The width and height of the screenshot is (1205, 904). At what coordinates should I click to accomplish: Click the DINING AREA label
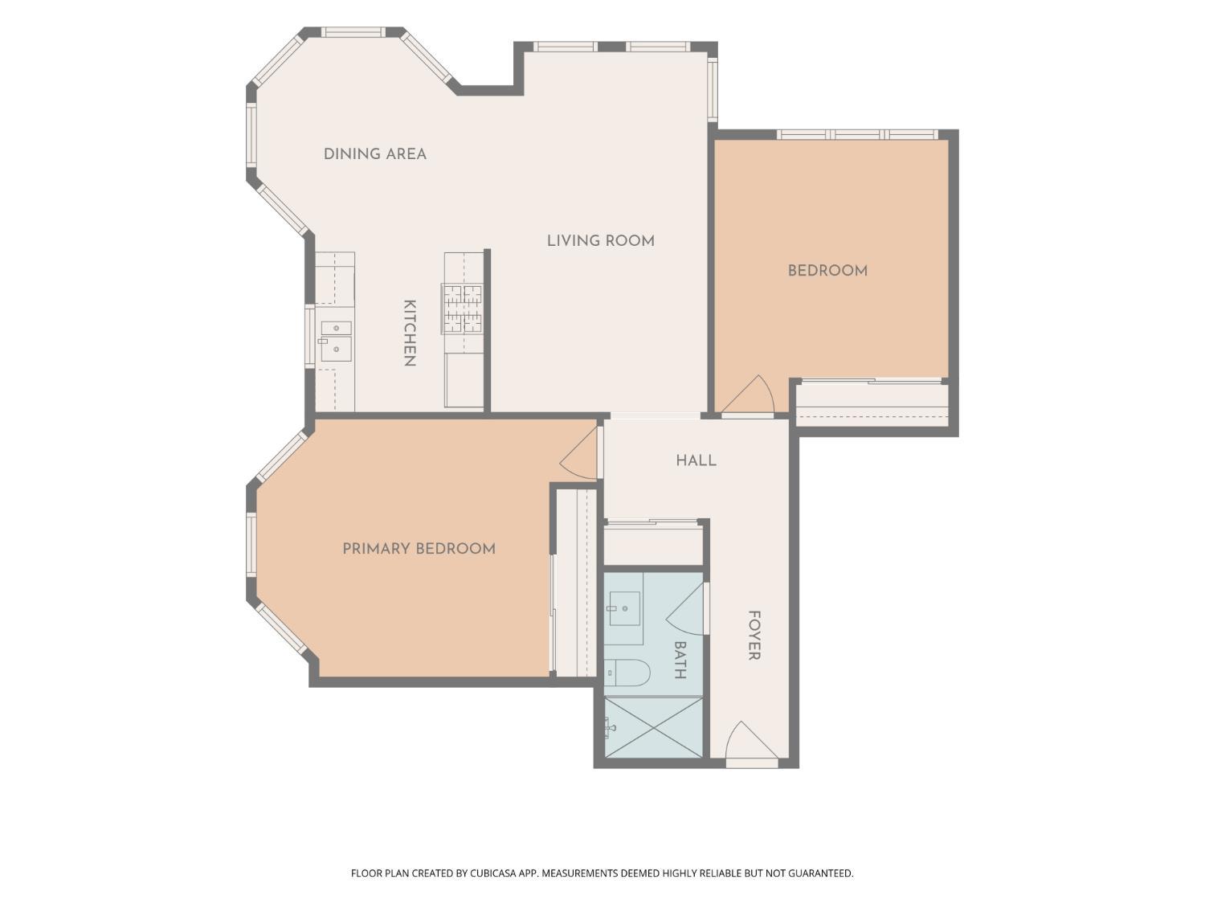click(x=375, y=154)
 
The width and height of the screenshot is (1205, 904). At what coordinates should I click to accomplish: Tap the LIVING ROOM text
click(x=601, y=241)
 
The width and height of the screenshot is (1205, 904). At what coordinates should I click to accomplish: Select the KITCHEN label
click(x=410, y=333)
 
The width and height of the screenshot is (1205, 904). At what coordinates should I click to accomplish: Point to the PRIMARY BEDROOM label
click(x=419, y=549)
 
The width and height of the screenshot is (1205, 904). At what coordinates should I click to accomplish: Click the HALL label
click(x=696, y=460)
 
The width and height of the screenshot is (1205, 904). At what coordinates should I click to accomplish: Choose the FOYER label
click(x=754, y=636)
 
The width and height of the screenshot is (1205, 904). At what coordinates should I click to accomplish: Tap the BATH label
click(x=680, y=661)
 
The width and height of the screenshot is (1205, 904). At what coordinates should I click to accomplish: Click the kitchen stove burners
click(x=462, y=309)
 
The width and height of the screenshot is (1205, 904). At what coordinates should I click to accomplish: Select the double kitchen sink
click(x=336, y=342)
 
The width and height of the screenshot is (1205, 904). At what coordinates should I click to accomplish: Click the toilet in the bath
click(x=627, y=673)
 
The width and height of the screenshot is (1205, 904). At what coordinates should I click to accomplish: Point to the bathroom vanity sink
click(x=624, y=609)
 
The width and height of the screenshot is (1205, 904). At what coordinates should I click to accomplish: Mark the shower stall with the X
click(x=653, y=728)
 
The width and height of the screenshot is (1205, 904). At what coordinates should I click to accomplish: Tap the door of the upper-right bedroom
click(x=747, y=396)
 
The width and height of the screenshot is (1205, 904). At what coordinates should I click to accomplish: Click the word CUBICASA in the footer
click(x=493, y=873)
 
